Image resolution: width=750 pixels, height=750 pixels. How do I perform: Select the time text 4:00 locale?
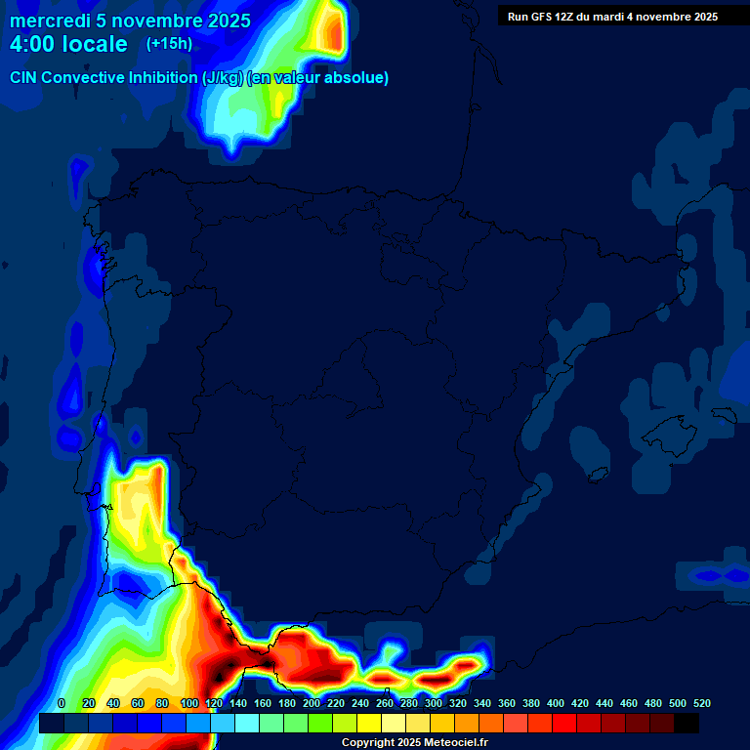click(x=68, y=44)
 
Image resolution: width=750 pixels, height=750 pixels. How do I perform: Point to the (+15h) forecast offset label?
click(x=169, y=44)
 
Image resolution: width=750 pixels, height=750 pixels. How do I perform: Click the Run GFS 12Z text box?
click(x=612, y=17)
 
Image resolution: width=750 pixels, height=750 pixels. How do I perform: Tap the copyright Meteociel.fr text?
click(x=414, y=743)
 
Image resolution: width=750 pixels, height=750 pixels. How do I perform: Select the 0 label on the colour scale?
click(x=62, y=703)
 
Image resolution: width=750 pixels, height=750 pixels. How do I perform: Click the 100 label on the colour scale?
click(x=188, y=703)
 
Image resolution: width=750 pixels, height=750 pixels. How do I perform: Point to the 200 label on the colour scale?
click(x=311, y=703)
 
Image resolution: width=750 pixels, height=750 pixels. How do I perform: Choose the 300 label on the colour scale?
click(x=434, y=703)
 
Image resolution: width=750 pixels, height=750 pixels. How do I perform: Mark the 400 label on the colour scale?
click(x=556, y=703)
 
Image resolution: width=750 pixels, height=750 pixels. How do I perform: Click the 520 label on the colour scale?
click(x=701, y=703)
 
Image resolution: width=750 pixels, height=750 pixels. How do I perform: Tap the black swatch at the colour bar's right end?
click(x=687, y=723)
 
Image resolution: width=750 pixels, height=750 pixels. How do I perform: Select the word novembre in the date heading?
click(x=154, y=21)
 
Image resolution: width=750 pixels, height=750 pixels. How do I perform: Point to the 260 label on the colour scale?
click(x=385, y=703)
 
